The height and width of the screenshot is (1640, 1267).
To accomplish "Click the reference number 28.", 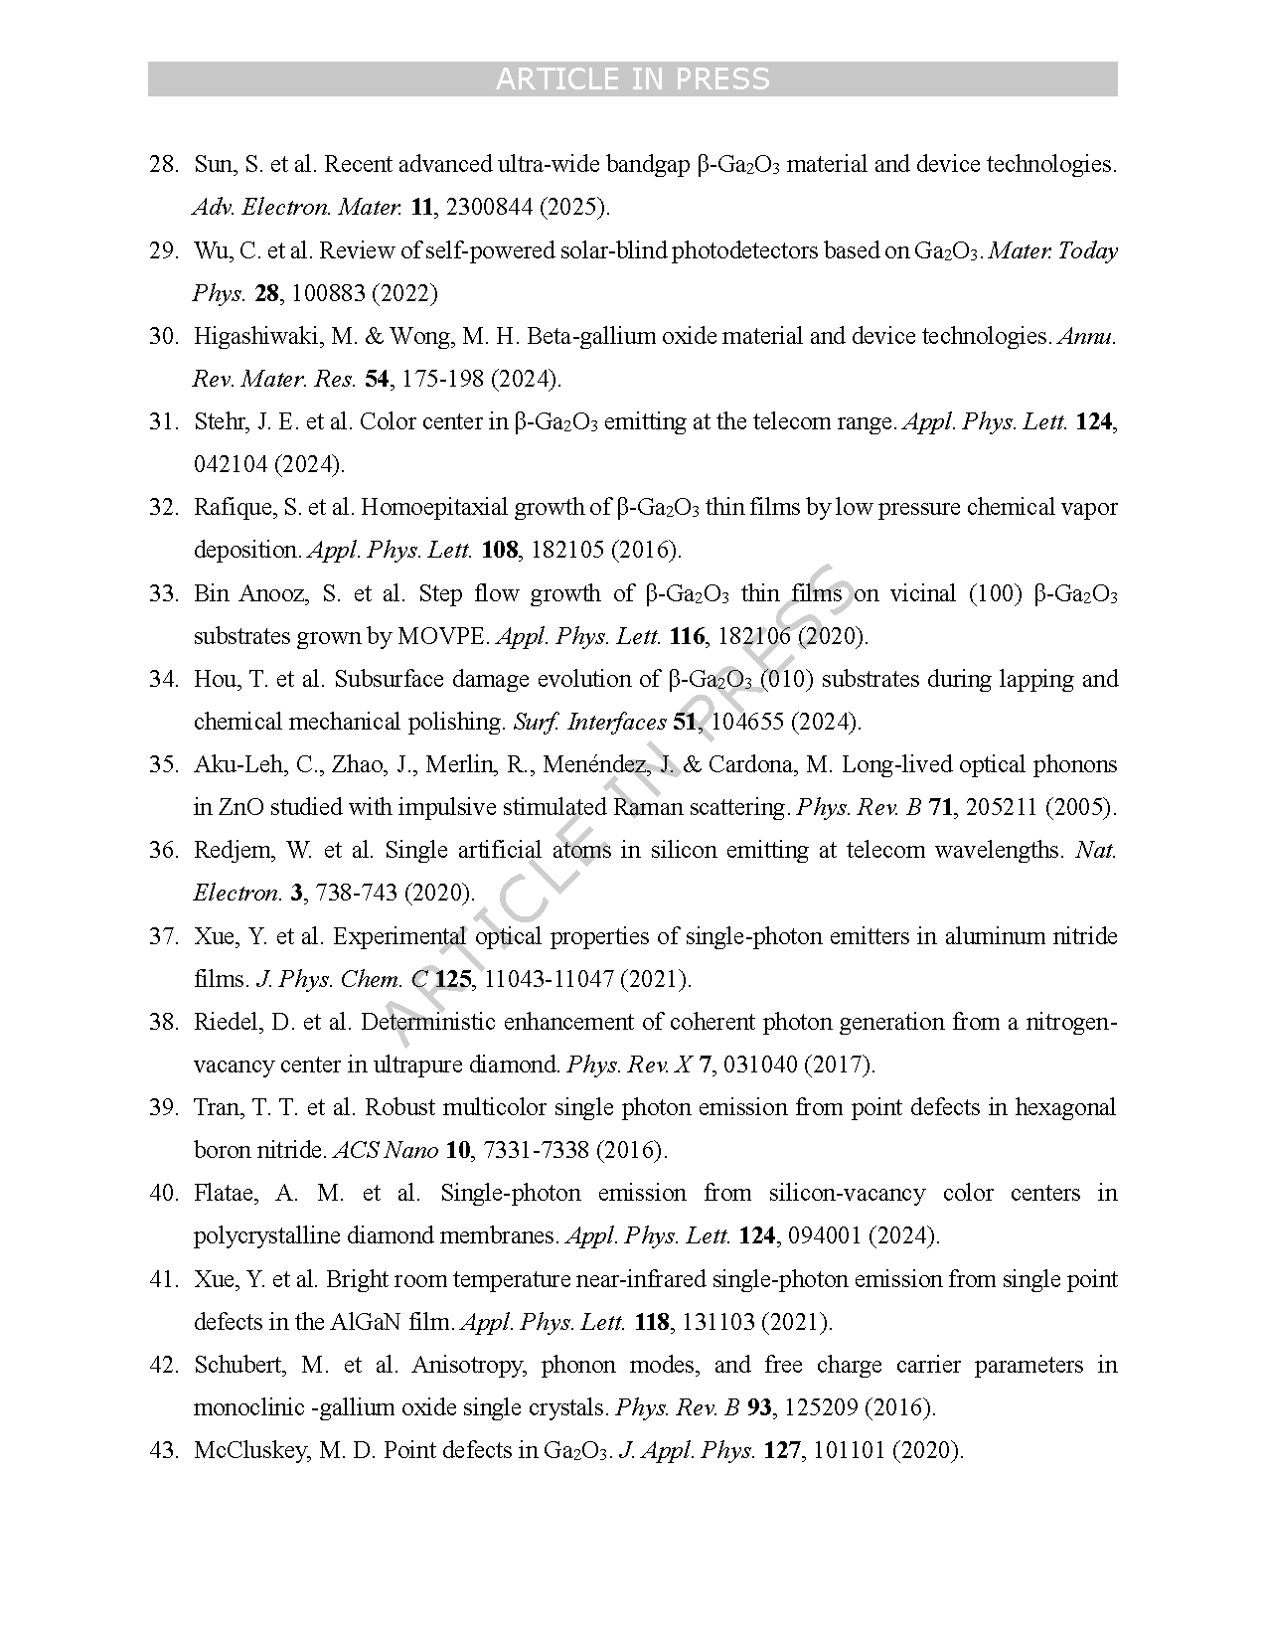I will [162, 165].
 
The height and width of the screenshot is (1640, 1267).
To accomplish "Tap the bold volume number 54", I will [377, 380].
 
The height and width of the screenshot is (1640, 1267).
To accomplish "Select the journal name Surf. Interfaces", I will [589, 723].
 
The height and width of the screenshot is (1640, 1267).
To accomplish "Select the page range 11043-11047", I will [548, 980].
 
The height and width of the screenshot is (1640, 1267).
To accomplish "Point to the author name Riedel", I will [228, 1023].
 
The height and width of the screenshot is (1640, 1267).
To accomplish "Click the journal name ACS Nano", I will [386, 1151].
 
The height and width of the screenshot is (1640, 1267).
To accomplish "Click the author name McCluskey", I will [244, 1451].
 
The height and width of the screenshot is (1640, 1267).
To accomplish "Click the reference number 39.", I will [162, 1108].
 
